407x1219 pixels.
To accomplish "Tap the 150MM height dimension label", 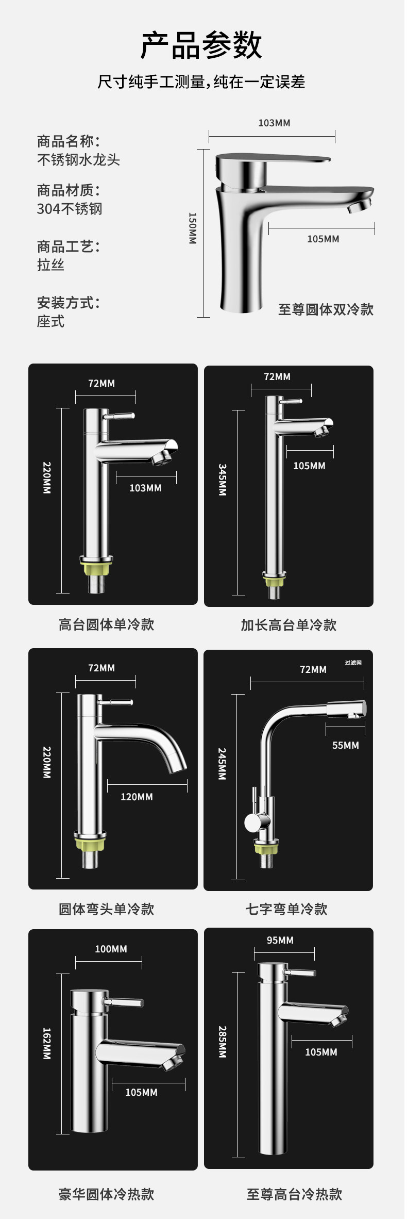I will coord(192,228).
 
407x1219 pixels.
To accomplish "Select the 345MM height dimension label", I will coord(222,480).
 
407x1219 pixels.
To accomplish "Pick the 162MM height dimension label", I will coord(47,1043).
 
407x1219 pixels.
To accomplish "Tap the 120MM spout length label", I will coord(137,797).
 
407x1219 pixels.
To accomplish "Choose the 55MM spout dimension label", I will coord(345,745).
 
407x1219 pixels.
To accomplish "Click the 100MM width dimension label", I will coord(111,949).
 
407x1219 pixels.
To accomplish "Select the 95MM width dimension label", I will coord(280,940).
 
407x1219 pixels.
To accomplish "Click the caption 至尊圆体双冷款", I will coord(326,309).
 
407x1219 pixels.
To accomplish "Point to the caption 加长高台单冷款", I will coord(289,625).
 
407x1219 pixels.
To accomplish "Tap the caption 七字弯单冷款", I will coord(286,909).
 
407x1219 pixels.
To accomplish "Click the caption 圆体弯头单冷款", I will coord(106,909).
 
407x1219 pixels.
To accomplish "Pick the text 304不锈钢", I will coord(70,209).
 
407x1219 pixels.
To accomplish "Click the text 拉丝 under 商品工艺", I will coord(50,265).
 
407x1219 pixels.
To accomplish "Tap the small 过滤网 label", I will coord(353,663).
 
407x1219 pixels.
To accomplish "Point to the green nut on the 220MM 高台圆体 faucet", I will coord(96,569).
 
